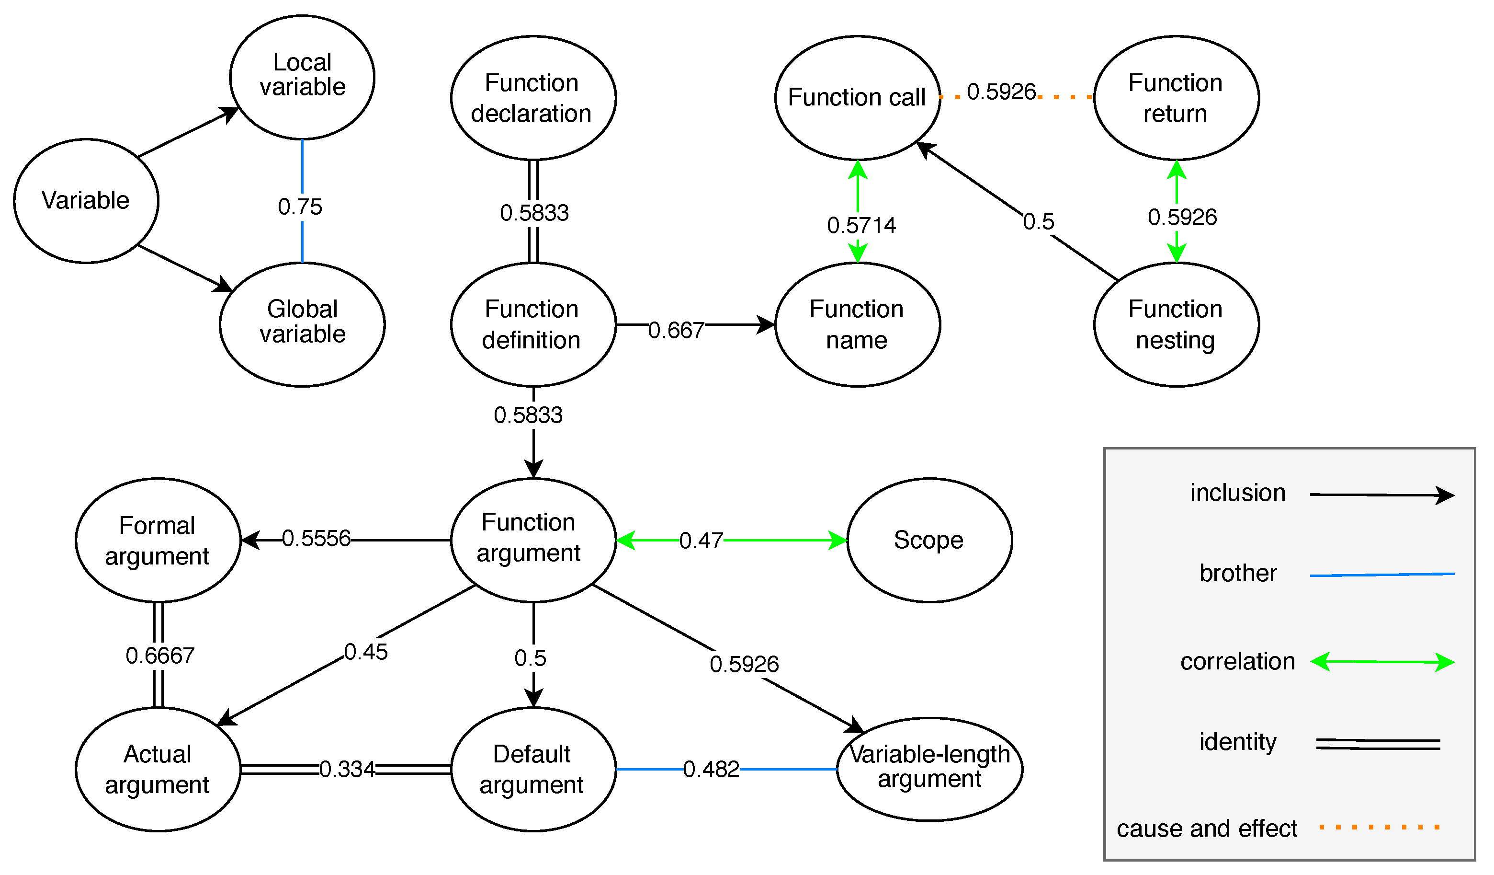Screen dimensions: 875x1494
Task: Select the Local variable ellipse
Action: click(302, 77)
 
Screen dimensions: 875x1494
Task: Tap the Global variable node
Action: click(302, 324)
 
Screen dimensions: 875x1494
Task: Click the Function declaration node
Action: click(533, 98)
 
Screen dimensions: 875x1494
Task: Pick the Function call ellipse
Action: click(857, 98)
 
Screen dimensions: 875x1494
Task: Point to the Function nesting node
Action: click(1176, 324)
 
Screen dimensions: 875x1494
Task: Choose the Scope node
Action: click(929, 541)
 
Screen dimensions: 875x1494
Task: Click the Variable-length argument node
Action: click(929, 770)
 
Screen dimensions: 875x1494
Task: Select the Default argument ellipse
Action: click(533, 770)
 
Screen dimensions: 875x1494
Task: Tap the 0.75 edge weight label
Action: click(300, 207)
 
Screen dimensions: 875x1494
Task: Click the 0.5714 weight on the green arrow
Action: click(861, 225)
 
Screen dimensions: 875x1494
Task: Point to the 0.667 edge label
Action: click(676, 331)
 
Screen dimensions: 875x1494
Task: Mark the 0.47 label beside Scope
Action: click(702, 541)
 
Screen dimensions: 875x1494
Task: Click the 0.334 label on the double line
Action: click(348, 770)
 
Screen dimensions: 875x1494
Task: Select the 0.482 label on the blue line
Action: click(712, 770)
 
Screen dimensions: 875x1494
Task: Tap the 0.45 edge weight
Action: click(366, 653)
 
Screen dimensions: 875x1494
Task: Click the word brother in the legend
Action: click(1238, 573)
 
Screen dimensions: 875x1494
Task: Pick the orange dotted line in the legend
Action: click(1379, 827)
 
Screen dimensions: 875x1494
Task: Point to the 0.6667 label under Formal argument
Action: click(160, 656)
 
